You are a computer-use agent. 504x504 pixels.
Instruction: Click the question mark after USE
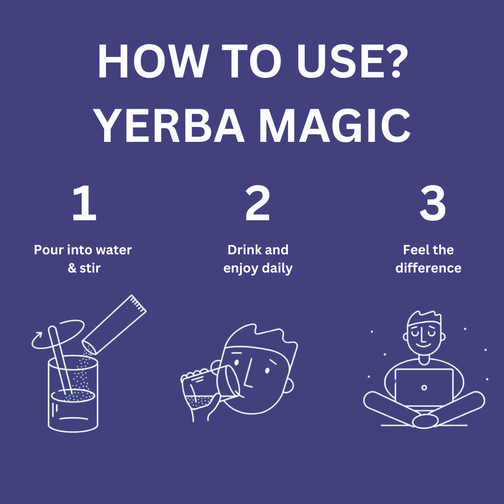[397, 61]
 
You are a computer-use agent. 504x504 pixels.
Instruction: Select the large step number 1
[84, 203]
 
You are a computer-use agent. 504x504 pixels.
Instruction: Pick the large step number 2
[258, 203]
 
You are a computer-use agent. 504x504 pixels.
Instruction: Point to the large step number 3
[433, 203]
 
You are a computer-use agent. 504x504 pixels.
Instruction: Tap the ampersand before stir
[72, 268]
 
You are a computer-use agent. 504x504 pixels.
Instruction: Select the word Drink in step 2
[242, 250]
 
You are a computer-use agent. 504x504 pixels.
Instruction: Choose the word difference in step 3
[428, 268]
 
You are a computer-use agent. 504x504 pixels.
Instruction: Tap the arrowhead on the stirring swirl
[39, 335]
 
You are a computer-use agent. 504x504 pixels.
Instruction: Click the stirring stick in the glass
[60, 360]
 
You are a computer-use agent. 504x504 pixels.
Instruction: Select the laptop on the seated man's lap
[424, 388]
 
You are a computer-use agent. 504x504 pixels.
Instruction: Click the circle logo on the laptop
[424, 388]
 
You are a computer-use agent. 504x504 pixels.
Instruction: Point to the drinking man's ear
[289, 385]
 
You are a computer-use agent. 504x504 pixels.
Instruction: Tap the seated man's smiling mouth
[423, 346]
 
